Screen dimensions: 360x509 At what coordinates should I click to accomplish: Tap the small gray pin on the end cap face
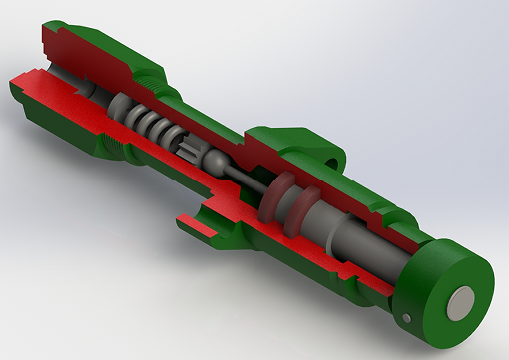pos(408,318)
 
